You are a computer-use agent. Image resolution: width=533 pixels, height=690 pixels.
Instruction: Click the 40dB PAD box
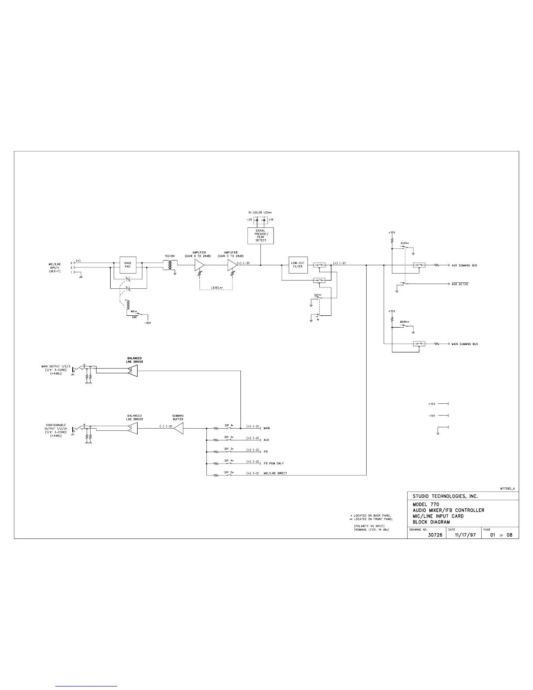pos(128,265)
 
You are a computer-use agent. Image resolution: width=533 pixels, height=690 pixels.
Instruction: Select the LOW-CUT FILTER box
pos(297,265)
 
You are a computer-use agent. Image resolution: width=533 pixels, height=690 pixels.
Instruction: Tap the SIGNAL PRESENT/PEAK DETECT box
pos(260,236)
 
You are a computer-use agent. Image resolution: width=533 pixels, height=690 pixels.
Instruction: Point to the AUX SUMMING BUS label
pos(464,265)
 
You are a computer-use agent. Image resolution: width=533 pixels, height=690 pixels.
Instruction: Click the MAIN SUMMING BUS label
pos(465,344)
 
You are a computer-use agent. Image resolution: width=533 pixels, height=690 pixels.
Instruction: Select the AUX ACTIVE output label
pos(460,284)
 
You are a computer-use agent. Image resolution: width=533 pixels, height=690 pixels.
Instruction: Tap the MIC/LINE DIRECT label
pos(275,474)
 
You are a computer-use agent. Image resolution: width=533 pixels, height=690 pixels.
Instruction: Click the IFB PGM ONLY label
pos(273,463)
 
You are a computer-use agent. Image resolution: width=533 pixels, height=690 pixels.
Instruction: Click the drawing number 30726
pos(435,535)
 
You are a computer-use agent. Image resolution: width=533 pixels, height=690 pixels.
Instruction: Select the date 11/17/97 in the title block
pos(463,535)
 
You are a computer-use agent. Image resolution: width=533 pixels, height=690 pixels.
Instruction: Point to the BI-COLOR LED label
pos(260,213)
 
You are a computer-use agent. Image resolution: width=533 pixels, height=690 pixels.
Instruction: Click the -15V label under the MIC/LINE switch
pos(148,323)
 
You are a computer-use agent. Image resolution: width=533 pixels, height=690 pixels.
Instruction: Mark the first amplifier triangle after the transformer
pos(199,265)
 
